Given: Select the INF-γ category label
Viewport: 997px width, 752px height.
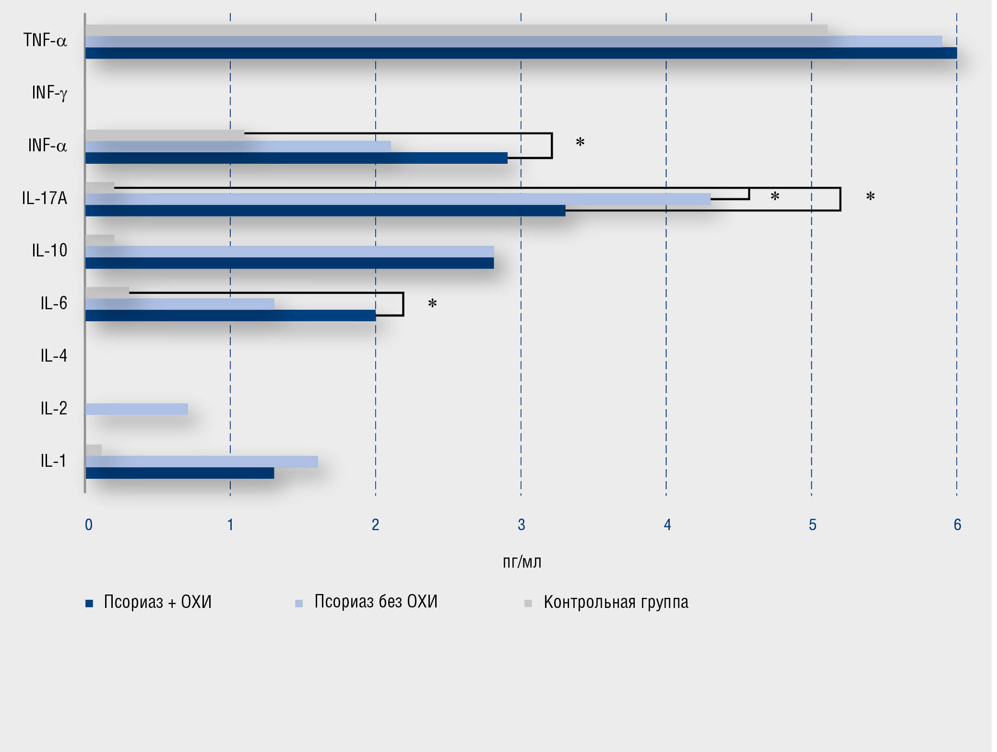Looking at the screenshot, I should tap(49, 93).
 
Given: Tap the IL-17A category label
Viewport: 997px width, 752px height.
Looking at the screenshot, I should tap(45, 198).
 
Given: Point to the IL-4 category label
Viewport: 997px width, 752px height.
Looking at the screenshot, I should tap(54, 356).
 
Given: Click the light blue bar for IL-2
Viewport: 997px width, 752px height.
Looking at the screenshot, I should tap(137, 409).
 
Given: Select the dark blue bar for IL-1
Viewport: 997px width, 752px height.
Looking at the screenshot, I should tap(180, 473).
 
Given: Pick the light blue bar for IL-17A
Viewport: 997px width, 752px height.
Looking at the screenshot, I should tap(398, 199).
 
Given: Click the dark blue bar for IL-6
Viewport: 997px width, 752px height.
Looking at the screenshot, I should tap(230, 315).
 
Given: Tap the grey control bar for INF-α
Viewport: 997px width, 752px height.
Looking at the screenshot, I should tap(165, 135).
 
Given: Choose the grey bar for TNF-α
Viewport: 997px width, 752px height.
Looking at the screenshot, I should tap(456, 30).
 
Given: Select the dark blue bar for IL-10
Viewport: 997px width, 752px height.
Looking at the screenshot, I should tap(289, 263).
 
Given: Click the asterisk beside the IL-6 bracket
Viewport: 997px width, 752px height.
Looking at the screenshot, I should tap(432, 303).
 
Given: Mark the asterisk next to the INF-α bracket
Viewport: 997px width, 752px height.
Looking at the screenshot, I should tap(580, 142).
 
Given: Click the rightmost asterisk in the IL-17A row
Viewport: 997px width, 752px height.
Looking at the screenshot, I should tap(870, 196).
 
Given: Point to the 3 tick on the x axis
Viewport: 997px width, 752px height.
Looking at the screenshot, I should tap(522, 525).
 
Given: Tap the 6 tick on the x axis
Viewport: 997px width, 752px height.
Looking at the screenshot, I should tap(957, 525).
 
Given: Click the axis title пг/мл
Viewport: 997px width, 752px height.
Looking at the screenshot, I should tap(522, 562).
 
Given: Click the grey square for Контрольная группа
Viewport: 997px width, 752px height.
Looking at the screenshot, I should tap(528, 603).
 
